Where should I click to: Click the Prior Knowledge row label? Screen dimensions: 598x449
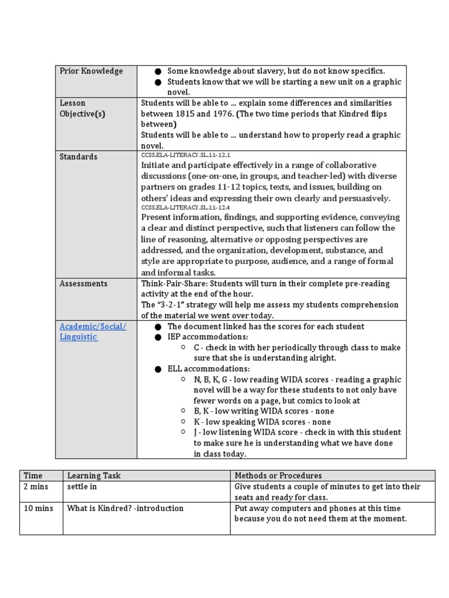91,71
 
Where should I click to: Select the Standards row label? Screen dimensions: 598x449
78,157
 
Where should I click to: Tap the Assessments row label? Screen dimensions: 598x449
84,283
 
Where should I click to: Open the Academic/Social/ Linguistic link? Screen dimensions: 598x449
92,332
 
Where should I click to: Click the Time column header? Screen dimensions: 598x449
33,476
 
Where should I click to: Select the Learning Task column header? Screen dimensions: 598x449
94,476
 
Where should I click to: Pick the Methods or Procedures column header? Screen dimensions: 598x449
278,476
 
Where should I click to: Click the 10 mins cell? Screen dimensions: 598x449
38,508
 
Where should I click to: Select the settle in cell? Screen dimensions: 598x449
81,486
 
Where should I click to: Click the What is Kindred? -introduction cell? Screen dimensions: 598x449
125,508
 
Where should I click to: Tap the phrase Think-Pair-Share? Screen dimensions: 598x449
168,283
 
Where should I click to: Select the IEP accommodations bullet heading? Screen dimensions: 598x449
208,337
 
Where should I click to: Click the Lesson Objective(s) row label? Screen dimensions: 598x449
82,109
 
